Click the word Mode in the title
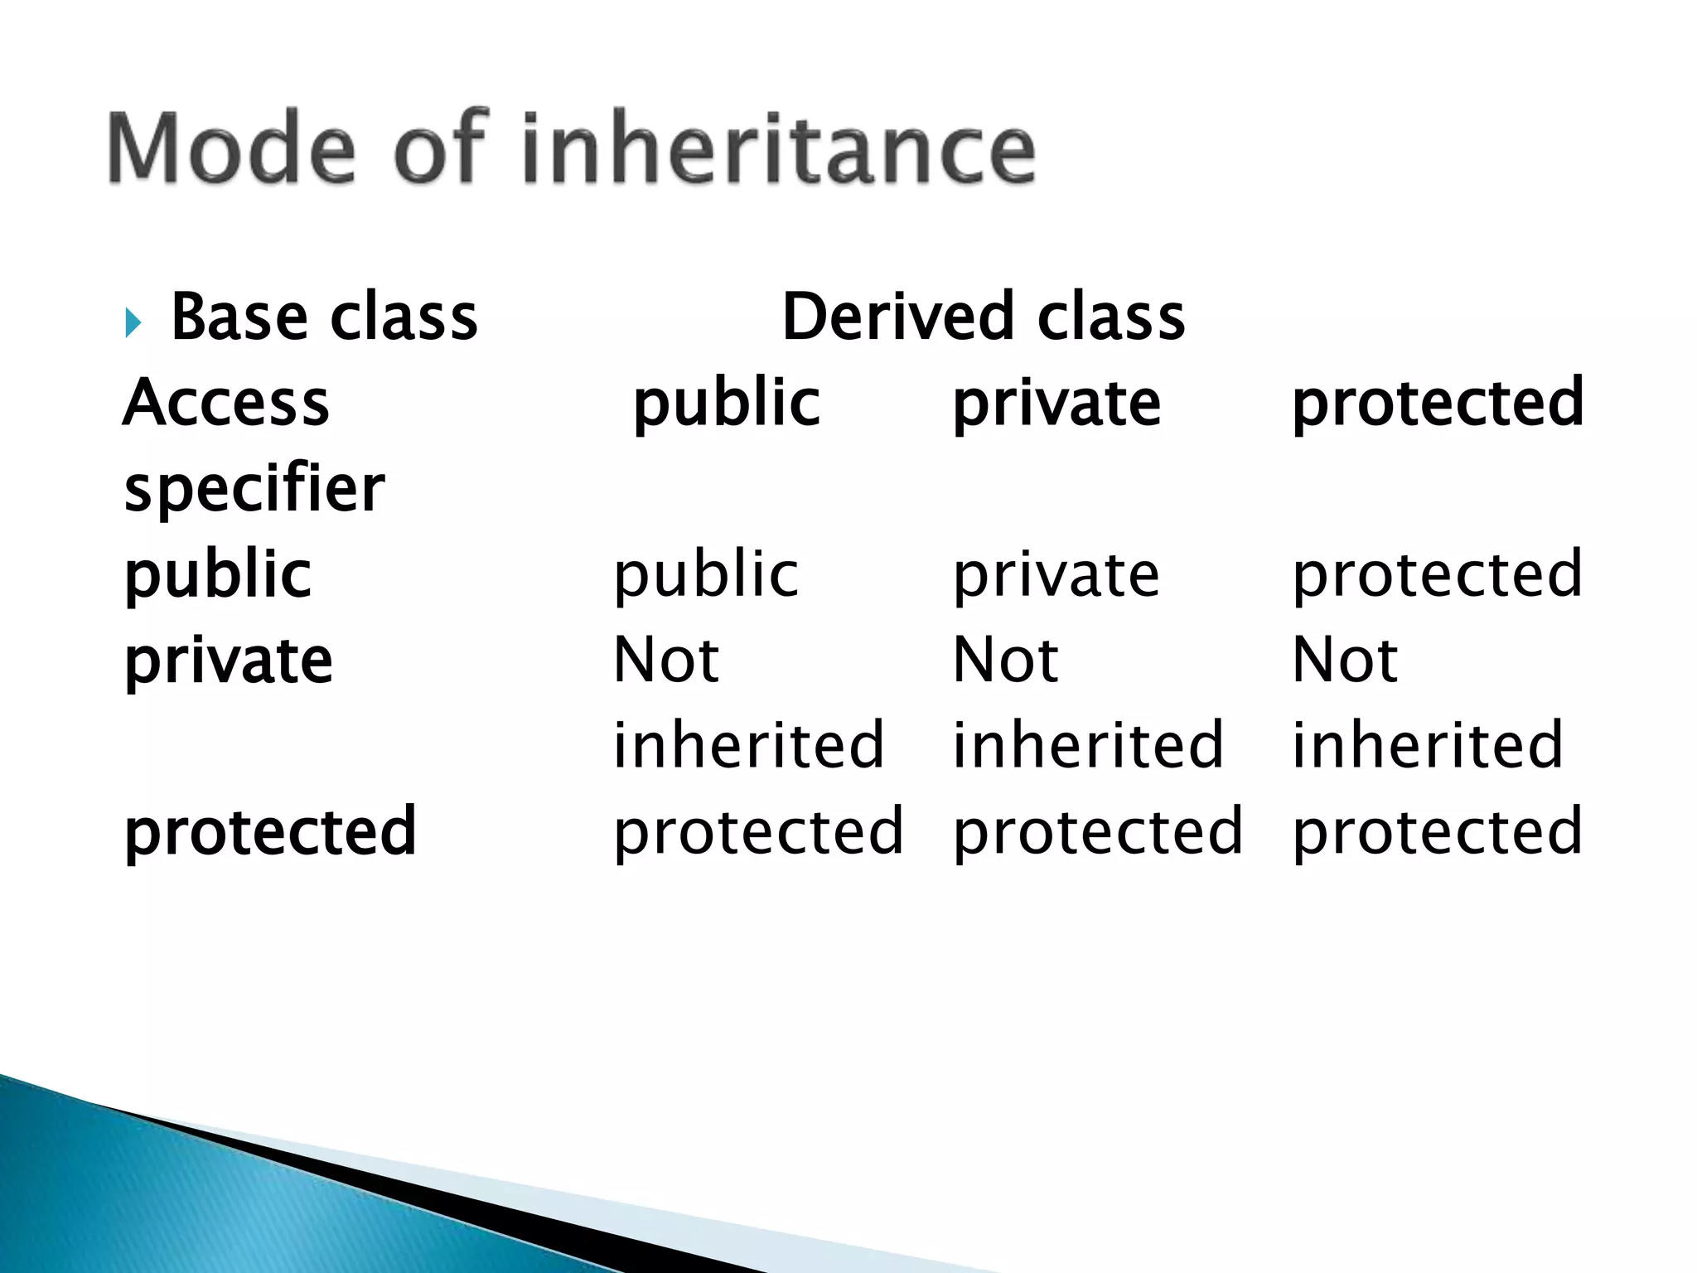click(231, 149)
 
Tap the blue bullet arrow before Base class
click(133, 322)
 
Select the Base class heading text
click(324, 317)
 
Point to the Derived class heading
click(984, 317)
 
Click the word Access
click(226, 403)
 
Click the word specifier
click(254, 489)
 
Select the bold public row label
click(218, 575)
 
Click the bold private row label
click(229, 661)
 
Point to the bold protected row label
click(270, 832)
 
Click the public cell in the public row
click(706, 575)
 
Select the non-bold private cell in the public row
click(1056, 575)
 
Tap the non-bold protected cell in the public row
click(1438, 575)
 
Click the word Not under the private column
click(1005, 661)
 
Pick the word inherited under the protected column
click(1427, 745)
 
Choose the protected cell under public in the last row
click(758, 832)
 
